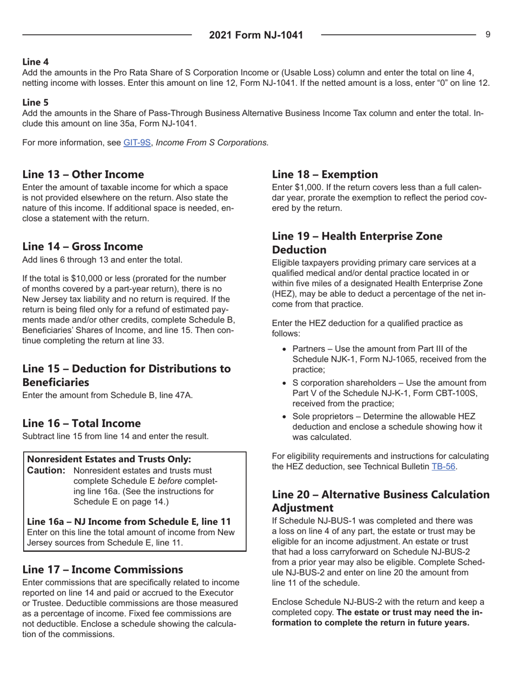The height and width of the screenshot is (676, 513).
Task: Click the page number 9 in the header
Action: click(488, 35)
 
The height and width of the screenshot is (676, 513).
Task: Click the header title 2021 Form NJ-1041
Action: click(256, 36)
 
